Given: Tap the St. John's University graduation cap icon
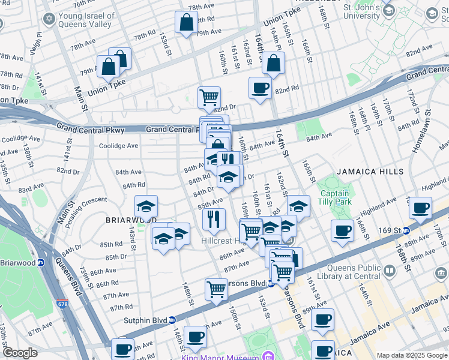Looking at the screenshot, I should coord(388,11).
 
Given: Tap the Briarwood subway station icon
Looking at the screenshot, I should coord(40,262).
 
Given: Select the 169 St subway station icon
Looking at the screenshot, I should coord(406,230).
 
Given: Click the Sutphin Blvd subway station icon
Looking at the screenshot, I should coord(172,320).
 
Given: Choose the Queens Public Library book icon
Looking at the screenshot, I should coord(390,272).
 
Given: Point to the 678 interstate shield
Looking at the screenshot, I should coord(63,305).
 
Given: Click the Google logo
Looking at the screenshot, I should coord(19,353).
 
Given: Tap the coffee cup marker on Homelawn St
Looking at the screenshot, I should coord(421,208).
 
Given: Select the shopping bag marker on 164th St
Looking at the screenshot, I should coord(273,63).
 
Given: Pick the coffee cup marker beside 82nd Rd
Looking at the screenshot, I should coord(260,88).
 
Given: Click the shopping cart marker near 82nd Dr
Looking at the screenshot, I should coord(209,97).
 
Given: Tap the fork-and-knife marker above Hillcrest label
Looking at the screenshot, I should coord(213,219).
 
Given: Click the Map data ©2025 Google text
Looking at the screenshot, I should coord(412,355).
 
